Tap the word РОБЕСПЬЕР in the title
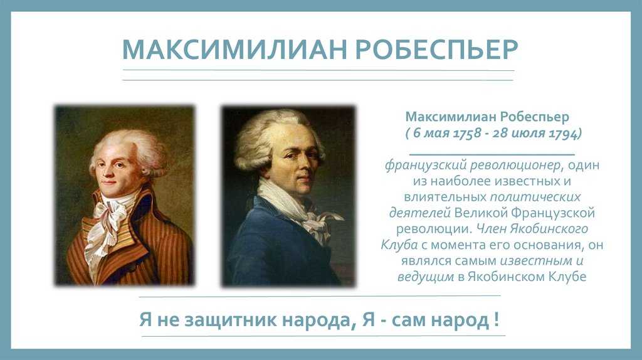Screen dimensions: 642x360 click(x=437, y=49)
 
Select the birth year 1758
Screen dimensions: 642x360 click(x=466, y=134)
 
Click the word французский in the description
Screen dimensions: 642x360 click(x=426, y=165)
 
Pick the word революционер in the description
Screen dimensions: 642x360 click(x=515, y=165)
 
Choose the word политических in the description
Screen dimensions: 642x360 click(x=535, y=197)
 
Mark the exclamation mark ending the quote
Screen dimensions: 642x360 click(x=497, y=319)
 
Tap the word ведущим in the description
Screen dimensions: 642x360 click(x=426, y=277)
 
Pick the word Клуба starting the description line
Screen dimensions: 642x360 click(x=399, y=245)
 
